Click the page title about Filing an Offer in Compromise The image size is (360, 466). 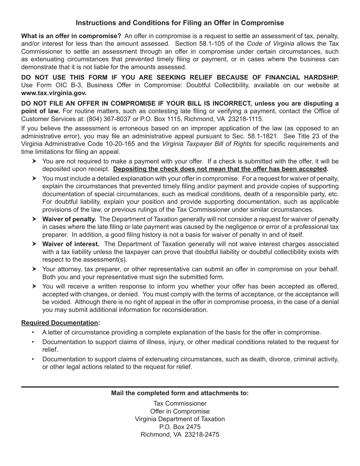coord(180,23)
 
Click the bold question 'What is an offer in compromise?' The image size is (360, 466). coord(71,36)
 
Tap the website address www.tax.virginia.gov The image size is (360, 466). coord(54,93)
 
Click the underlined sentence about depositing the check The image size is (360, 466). coord(220,169)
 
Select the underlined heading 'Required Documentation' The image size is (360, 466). coord(59,323)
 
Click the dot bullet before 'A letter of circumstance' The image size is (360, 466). coord(33,333)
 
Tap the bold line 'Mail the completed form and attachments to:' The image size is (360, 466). coord(180,393)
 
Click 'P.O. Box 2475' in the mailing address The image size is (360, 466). coord(180,427)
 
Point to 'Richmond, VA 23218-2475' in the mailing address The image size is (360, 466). coord(180,435)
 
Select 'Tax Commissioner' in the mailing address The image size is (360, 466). coord(180,403)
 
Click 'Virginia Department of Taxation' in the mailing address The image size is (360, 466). coord(180,419)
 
